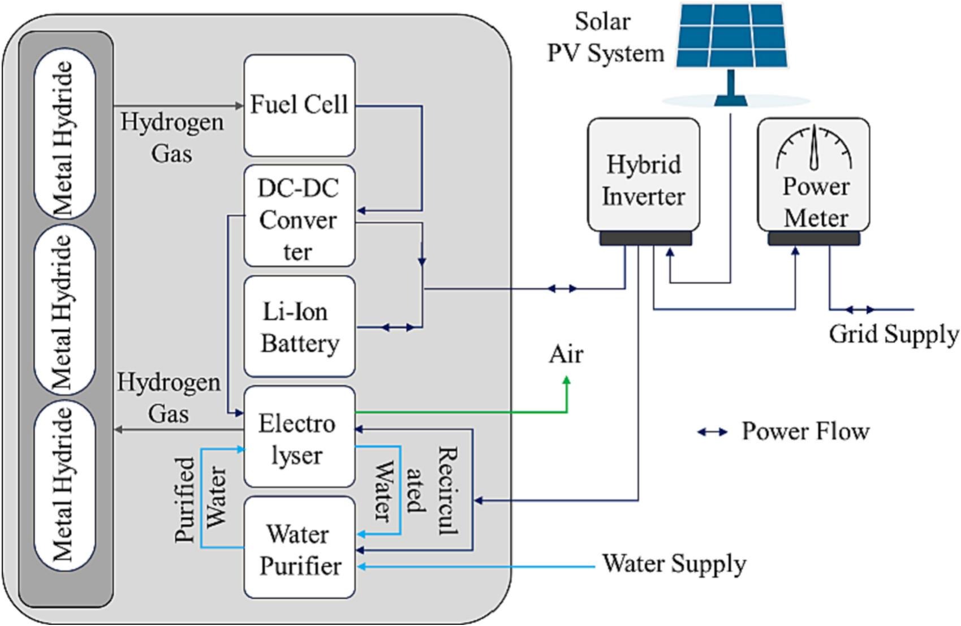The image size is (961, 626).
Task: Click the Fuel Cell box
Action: click(299, 105)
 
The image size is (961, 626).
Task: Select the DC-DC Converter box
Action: click(299, 215)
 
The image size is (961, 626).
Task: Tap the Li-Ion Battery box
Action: click(299, 326)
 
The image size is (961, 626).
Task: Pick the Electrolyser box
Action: click(299, 437)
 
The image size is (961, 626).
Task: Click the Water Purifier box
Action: click(299, 547)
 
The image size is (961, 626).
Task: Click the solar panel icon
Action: click(731, 37)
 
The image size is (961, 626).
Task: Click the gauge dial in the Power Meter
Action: click(814, 148)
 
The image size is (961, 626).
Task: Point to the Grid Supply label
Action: click(893, 334)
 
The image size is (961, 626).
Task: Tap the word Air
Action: click(566, 355)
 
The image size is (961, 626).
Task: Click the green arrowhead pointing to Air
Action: click(566, 382)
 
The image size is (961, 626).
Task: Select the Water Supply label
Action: click(674, 563)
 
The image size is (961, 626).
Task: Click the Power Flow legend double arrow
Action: click(712, 432)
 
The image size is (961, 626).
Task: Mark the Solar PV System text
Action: click(604, 37)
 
